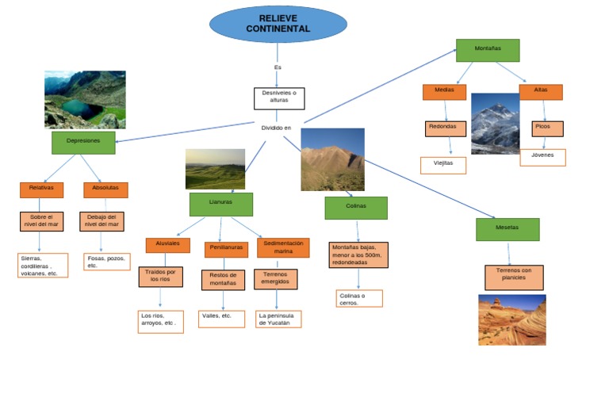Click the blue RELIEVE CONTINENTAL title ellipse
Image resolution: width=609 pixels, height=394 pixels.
coord(278,24)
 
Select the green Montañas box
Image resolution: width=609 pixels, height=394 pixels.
coord(488,50)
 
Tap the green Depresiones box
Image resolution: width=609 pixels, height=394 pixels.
coord(83,142)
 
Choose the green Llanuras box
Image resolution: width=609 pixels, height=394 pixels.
coord(220,204)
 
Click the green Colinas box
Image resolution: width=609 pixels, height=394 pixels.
coord(356,208)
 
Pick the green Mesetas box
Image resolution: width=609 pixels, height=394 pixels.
coord(507,228)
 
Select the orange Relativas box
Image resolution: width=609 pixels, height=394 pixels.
coord(41,189)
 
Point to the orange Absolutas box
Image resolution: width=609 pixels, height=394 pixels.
coord(105,189)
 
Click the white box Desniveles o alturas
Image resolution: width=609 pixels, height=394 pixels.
coord(278,98)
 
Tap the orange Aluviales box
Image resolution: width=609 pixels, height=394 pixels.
coord(167,245)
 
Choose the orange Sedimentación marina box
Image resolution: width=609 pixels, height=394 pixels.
coord(283,247)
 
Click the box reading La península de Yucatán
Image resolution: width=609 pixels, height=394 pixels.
coord(278,319)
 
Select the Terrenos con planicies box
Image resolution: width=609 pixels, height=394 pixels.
coord(514,277)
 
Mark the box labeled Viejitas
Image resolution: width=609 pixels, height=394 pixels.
coord(442,165)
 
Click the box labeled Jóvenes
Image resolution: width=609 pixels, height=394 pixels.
coord(542,157)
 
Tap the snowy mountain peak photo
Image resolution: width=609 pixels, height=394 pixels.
coord(495,124)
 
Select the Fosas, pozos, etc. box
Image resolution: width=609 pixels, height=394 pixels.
coord(106,262)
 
